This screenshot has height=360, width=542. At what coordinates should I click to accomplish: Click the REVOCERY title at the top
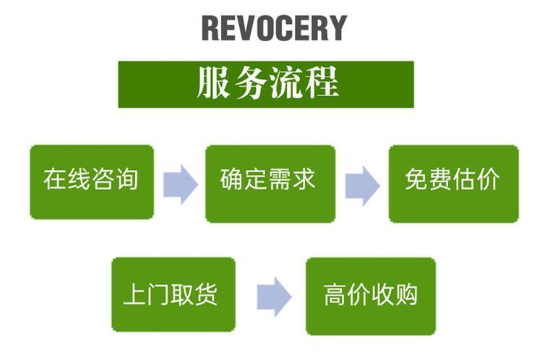click(x=274, y=28)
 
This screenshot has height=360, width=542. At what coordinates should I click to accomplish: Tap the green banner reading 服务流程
click(x=266, y=84)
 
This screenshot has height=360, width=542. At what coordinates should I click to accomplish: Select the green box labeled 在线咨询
click(x=92, y=181)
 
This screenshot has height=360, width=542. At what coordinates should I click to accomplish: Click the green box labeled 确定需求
click(x=270, y=183)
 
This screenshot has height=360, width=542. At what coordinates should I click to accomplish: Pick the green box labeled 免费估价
click(x=453, y=183)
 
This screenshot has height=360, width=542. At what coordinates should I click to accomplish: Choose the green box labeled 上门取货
click(x=173, y=294)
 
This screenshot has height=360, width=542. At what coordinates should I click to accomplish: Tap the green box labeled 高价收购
click(x=371, y=295)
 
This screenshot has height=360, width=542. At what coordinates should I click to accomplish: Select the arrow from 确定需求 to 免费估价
click(x=362, y=186)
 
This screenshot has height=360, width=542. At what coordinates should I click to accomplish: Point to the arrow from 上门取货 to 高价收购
click(x=274, y=296)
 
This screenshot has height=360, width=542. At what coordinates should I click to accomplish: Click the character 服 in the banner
click(x=213, y=84)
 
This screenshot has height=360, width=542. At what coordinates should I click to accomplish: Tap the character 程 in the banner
click(x=321, y=84)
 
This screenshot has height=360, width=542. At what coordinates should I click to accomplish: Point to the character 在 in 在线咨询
click(x=56, y=179)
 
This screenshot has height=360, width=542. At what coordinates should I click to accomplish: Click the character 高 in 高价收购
click(x=336, y=294)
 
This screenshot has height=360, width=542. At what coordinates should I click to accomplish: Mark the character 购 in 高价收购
click(x=405, y=294)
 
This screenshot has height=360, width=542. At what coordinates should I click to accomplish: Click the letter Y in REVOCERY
click(x=336, y=28)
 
